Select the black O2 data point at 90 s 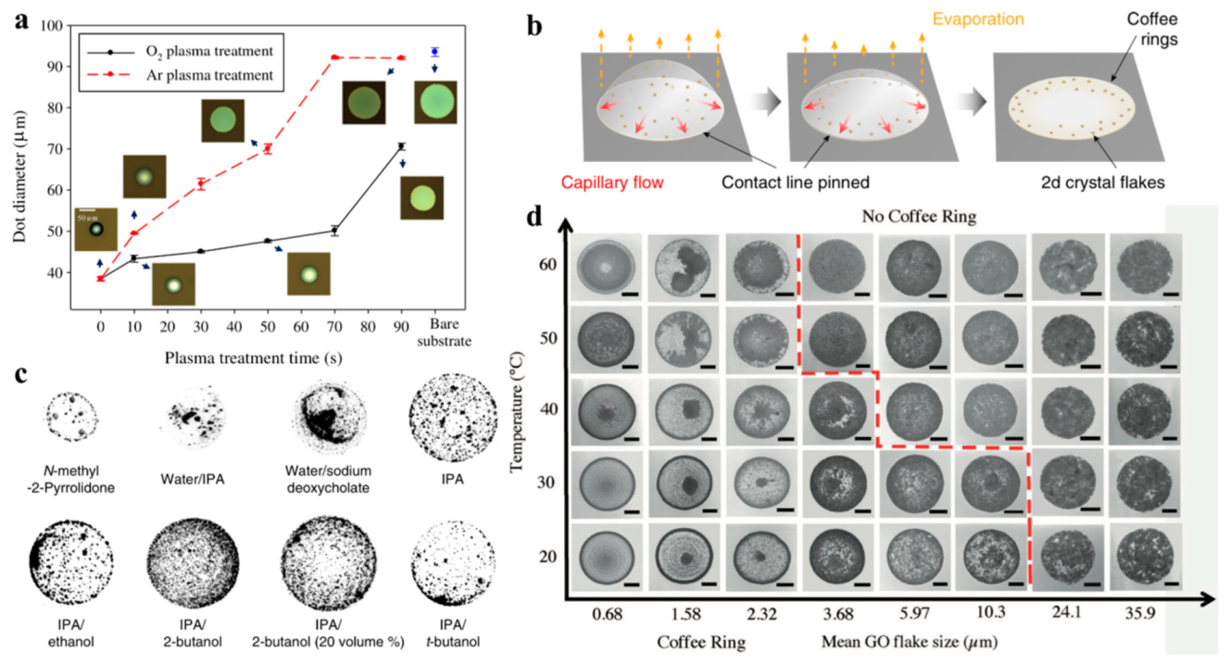pyautogui.click(x=401, y=146)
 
